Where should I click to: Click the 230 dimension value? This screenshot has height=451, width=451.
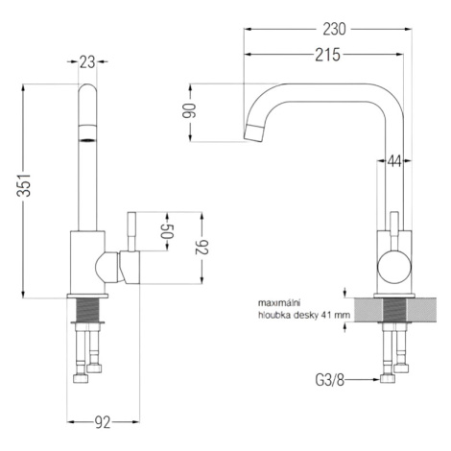(334, 29)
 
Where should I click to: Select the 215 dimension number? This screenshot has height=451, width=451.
(327, 55)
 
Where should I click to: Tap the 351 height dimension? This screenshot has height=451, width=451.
(24, 185)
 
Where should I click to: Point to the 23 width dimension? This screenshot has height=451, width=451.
(87, 62)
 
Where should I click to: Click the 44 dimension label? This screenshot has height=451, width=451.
(394, 161)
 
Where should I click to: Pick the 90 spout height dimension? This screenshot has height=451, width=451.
(190, 110)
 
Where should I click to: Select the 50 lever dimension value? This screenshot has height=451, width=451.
(167, 231)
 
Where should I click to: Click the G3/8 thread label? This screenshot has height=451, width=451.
(330, 380)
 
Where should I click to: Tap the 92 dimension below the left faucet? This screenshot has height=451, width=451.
(103, 422)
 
